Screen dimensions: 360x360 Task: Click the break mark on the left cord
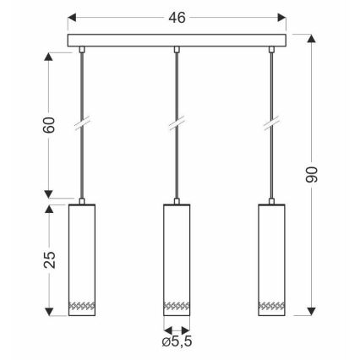[x=81, y=125]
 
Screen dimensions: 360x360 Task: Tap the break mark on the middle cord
[x=177, y=125]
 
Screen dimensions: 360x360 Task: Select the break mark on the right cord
[x=273, y=125]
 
